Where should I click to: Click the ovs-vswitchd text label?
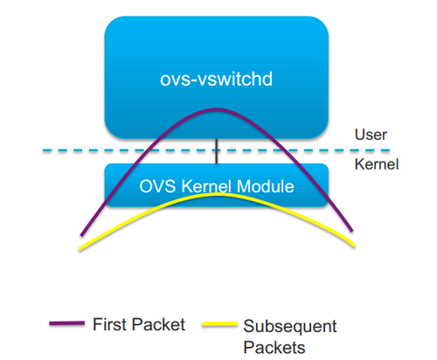point(216,79)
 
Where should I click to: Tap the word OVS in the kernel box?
point(157,186)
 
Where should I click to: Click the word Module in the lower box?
point(266,186)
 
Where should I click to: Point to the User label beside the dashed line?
point(371,135)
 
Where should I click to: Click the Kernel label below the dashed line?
point(377,164)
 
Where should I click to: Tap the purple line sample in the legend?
point(67,323)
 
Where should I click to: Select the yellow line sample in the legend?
point(220,324)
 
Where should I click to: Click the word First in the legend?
point(109,324)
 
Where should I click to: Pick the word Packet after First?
point(158,324)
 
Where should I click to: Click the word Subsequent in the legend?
point(290,326)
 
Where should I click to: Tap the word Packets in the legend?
point(274,348)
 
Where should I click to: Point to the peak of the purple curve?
point(217,110)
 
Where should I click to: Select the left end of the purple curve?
point(81,235)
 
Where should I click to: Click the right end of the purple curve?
point(352,231)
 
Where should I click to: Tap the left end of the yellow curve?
point(80,249)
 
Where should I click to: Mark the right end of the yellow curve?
point(354,246)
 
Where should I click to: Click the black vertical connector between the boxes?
point(217,151)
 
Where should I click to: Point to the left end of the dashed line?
point(43,150)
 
